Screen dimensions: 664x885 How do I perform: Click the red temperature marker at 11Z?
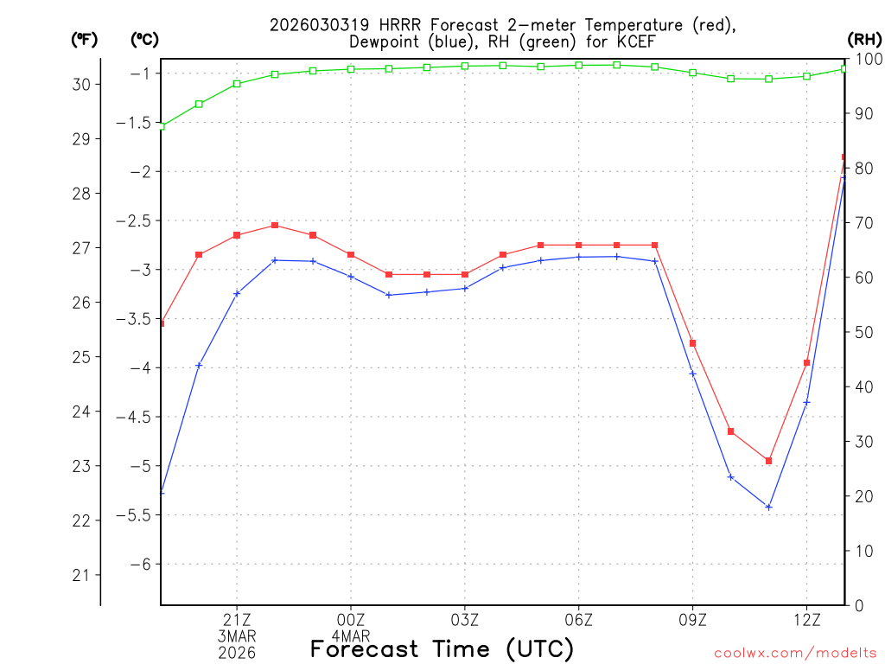click(768, 461)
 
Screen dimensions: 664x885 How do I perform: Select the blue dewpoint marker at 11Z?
click(768, 507)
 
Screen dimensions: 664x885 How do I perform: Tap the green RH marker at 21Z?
click(237, 84)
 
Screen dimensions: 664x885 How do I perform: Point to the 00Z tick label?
click(351, 619)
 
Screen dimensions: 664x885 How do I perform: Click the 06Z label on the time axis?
click(578, 619)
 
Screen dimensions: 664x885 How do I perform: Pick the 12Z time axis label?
click(806, 619)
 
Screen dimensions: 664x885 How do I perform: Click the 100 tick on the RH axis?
click(869, 59)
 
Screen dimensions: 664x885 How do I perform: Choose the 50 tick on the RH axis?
click(865, 332)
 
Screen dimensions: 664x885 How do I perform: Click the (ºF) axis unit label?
click(85, 39)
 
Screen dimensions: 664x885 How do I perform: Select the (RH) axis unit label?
click(864, 39)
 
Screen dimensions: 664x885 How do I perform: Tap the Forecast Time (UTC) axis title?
click(442, 648)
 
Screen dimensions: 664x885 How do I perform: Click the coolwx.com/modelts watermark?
click(794, 652)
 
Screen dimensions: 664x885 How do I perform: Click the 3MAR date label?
click(237, 635)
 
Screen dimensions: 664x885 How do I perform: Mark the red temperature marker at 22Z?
click(275, 226)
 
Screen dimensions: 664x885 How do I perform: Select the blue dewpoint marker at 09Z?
click(692, 373)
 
